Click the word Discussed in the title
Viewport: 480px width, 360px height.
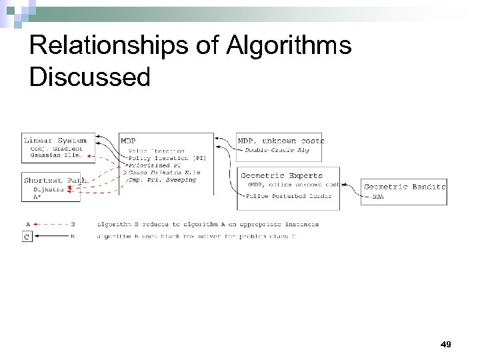[x=90, y=77]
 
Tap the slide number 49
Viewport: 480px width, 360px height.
[x=446, y=344]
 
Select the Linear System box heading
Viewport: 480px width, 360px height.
[x=55, y=140]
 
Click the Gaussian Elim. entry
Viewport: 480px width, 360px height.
[x=56, y=155]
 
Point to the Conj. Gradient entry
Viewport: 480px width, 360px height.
[x=56, y=148]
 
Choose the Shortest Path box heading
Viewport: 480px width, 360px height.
[x=55, y=180]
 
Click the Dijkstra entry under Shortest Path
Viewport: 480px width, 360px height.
[x=49, y=189]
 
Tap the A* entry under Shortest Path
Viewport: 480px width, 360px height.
[x=37, y=196]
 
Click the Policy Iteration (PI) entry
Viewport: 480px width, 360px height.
[x=167, y=158]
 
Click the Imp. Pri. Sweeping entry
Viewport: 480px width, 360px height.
[x=163, y=180]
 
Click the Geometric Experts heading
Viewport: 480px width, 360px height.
[x=281, y=175]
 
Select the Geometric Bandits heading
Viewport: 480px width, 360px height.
[x=405, y=187]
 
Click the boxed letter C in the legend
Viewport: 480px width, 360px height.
[x=27, y=235]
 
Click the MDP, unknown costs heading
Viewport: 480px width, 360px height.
[x=281, y=141]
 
